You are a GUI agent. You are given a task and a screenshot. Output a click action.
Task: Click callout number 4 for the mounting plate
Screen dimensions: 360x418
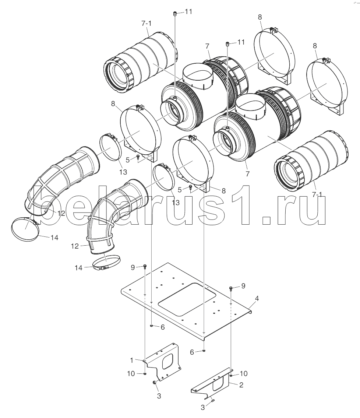pyautogui.click(x=257, y=298)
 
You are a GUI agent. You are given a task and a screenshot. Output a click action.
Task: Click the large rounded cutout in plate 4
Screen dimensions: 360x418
pyautogui.click(x=187, y=298)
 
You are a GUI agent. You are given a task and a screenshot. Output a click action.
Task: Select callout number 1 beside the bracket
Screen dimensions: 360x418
pyautogui.click(x=132, y=361)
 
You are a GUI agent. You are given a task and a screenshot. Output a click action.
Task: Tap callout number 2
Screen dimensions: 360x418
pyautogui.click(x=241, y=385)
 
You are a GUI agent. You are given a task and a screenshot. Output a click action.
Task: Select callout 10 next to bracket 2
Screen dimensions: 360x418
pyautogui.click(x=244, y=374)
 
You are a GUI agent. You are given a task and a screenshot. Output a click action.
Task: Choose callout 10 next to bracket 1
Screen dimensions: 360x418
pyautogui.click(x=131, y=374)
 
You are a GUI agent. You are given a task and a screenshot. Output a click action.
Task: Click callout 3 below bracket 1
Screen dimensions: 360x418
pyautogui.click(x=159, y=396)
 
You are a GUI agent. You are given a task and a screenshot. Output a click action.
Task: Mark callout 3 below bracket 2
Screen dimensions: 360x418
pyautogui.click(x=203, y=407)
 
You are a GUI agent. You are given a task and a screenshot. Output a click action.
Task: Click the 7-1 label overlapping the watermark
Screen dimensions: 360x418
pyautogui.click(x=317, y=195)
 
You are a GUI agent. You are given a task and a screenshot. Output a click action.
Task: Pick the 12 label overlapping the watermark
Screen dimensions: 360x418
pyautogui.click(x=61, y=213)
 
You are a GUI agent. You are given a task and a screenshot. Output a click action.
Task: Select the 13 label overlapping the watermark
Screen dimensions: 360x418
pyautogui.click(x=176, y=203)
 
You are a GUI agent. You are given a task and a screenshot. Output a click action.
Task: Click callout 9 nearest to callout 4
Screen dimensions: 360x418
pyautogui.click(x=243, y=286)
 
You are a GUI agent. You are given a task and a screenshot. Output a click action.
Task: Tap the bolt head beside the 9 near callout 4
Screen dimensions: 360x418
pyautogui.click(x=231, y=288)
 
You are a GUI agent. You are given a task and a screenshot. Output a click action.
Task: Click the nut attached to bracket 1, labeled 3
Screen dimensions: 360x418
pyautogui.click(x=154, y=383)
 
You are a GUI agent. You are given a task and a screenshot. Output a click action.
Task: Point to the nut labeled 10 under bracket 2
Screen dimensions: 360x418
pyautogui.click(x=231, y=375)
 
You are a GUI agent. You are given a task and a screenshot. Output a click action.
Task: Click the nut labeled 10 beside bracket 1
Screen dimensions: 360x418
pyautogui.click(x=145, y=374)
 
